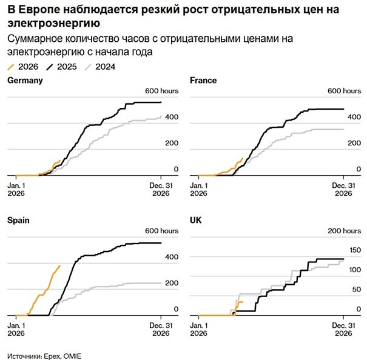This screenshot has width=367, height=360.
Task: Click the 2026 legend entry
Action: pyautogui.click(x=23, y=67)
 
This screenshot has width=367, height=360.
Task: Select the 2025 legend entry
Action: pyautogui.click(x=62, y=67)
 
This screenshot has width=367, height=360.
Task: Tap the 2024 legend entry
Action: pyautogui.click(x=101, y=67)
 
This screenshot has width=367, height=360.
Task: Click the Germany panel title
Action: pyautogui.click(x=25, y=80)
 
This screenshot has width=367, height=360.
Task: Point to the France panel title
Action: pyautogui.click(x=203, y=80)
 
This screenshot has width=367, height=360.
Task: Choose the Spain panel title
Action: pyautogui.click(x=18, y=221)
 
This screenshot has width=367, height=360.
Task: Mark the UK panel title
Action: pyautogui.click(x=196, y=221)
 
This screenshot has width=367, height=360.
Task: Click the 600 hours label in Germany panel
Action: pyautogui.click(x=160, y=90)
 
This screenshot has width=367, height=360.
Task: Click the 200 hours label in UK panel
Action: pyautogui.click(x=343, y=231)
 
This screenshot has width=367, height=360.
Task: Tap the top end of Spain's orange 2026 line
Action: pyautogui.click(x=59, y=265)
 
